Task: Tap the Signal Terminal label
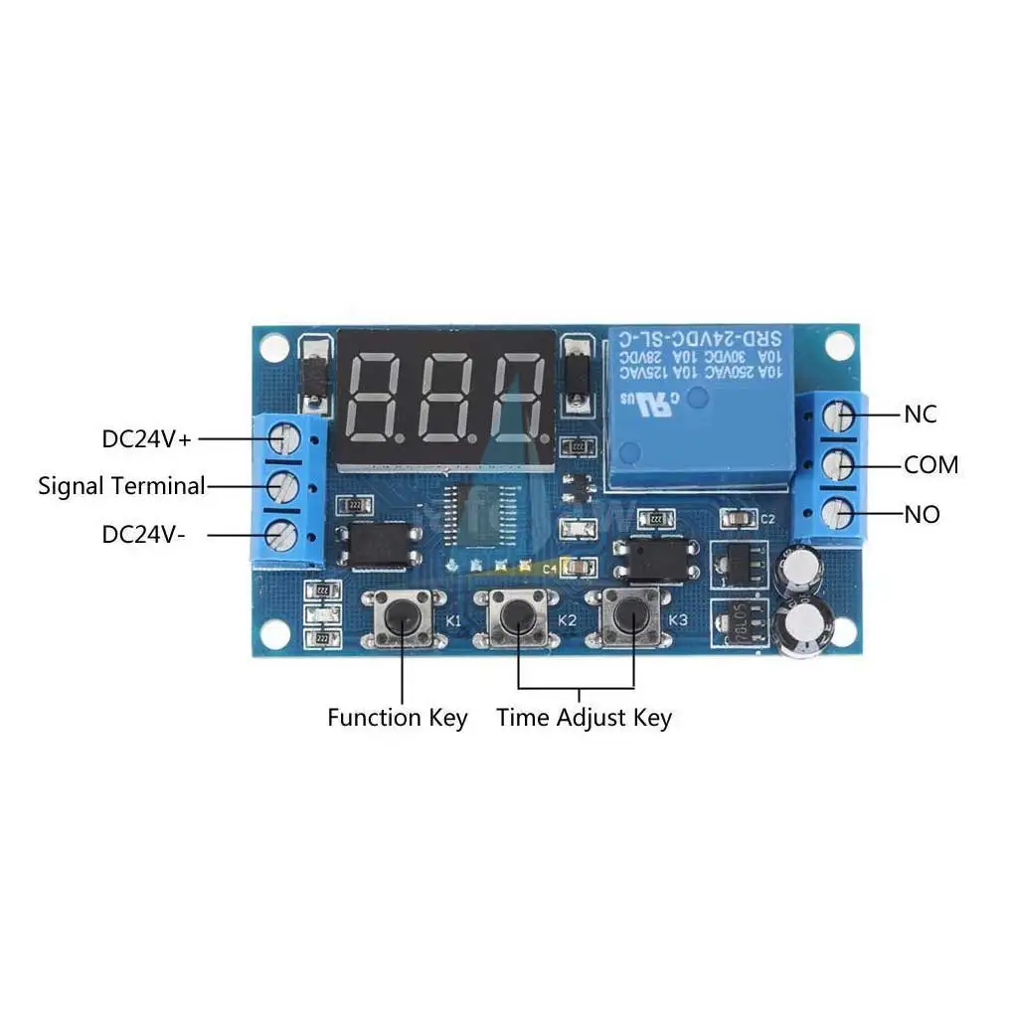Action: tap(121, 486)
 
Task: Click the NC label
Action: tap(920, 415)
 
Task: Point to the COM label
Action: tap(930, 464)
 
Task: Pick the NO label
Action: tap(921, 515)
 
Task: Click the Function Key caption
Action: tap(397, 718)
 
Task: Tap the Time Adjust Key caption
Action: tap(584, 718)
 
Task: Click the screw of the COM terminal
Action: tap(842, 463)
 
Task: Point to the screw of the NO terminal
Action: tap(842, 513)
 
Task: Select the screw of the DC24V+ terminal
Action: tap(285, 436)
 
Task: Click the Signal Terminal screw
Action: tap(285, 486)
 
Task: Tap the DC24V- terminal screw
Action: tap(285, 536)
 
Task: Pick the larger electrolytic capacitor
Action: tap(798, 626)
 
